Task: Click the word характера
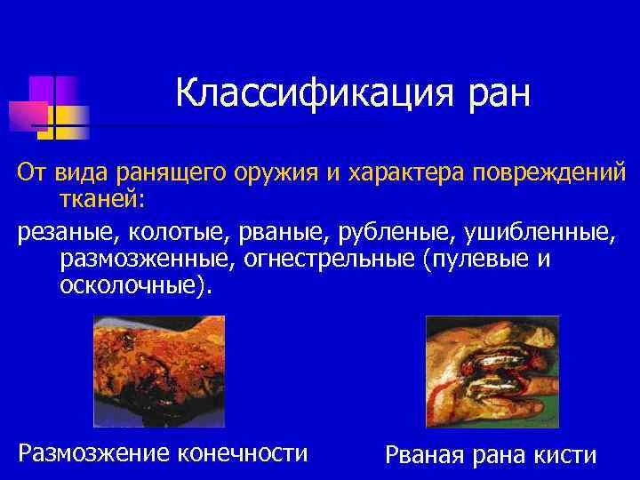401,171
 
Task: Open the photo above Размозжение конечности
159,372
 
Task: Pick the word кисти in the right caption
565,455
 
